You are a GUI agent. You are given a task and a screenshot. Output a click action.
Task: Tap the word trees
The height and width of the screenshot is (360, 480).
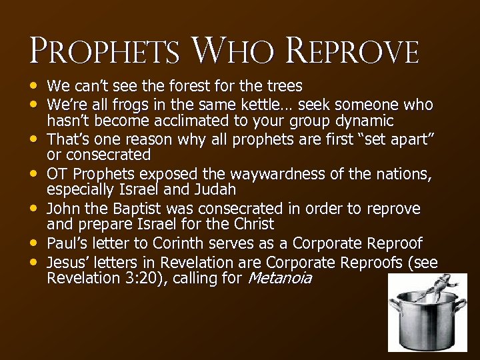tap(283, 86)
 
